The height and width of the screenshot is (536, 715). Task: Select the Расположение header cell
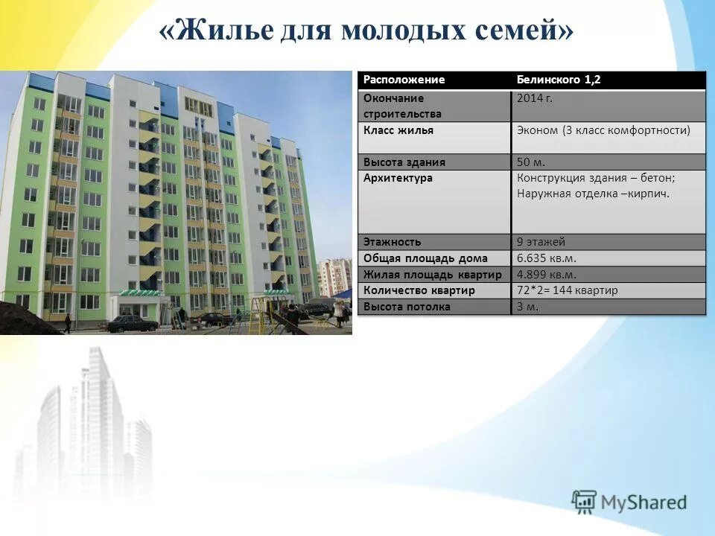[x=404, y=80]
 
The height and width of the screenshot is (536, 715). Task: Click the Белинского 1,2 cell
[x=559, y=80]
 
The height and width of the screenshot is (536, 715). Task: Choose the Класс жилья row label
[x=398, y=130]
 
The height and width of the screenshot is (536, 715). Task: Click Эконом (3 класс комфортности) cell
[x=603, y=130]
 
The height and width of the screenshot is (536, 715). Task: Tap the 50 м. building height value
[x=533, y=162]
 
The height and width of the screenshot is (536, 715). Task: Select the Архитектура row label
[x=398, y=178]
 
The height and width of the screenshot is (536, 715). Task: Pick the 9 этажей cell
[x=541, y=242]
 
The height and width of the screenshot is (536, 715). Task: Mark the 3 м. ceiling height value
[x=527, y=306]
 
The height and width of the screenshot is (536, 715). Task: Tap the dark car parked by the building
[x=132, y=323]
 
